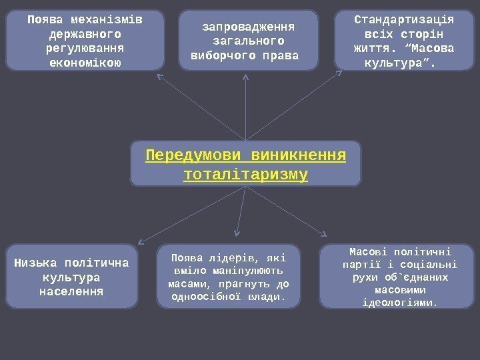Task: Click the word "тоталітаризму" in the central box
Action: point(245,175)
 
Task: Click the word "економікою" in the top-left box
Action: point(85,63)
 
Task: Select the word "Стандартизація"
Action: point(403,19)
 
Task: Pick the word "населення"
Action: point(71,291)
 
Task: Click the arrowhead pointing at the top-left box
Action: point(159,75)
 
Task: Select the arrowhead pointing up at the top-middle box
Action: point(247,77)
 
